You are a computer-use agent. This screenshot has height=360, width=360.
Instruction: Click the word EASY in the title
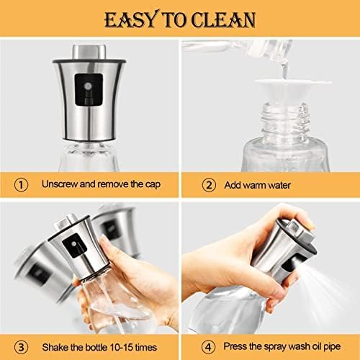pos(132,19)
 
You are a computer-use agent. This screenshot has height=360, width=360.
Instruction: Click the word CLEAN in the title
pos(223,20)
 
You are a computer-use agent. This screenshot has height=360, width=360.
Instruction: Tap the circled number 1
pos(21,185)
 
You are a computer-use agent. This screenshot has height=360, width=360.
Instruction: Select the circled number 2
pos(209,185)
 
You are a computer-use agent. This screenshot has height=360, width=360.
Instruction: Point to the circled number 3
pos(21,347)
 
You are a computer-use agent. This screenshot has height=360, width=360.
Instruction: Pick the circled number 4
pos(208,347)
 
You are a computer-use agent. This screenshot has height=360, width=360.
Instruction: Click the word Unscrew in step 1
pos(60,184)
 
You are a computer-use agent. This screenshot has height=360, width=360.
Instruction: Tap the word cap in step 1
pos(153,185)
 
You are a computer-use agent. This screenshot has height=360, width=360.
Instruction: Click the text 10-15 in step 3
pos(121,347)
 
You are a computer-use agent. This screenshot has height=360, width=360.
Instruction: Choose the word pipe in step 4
pos(332,347)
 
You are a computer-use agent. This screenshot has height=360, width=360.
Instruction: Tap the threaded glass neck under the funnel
pos(284,120)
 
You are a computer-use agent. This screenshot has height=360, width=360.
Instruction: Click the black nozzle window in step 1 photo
pos(89,89)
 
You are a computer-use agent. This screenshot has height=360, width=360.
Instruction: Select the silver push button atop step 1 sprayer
pos(89,51)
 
